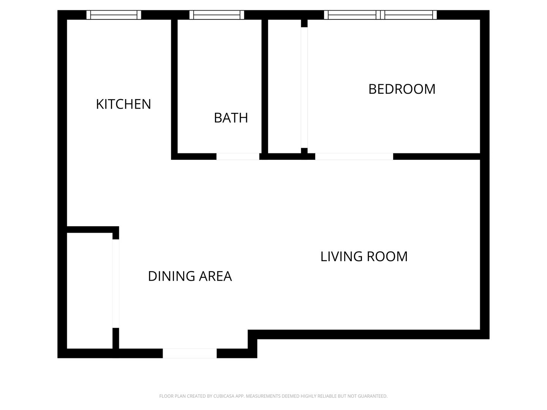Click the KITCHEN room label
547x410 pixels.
[x=123, y=104]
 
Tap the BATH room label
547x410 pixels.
[x=231, y=118]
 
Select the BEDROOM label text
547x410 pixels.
[x=402, y=89]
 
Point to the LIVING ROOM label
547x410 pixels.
[x=364, y=256]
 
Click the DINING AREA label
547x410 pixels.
[x=190, y=276]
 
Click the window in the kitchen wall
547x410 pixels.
[x=114, y=15]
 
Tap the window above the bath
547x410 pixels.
[x=217, y=15]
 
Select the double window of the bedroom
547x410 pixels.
[x=380, y=15]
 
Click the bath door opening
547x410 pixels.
[x=238, y=156]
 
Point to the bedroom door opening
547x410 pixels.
[x=354, y=156]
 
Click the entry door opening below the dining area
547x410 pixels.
[x=190, y=353]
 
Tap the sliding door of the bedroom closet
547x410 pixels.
[x=304, y=87]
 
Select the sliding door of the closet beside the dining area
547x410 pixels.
[x=115, y=284]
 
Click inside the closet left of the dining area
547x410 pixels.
[x=90, y=291]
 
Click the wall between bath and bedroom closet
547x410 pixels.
[x=265, y=87]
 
